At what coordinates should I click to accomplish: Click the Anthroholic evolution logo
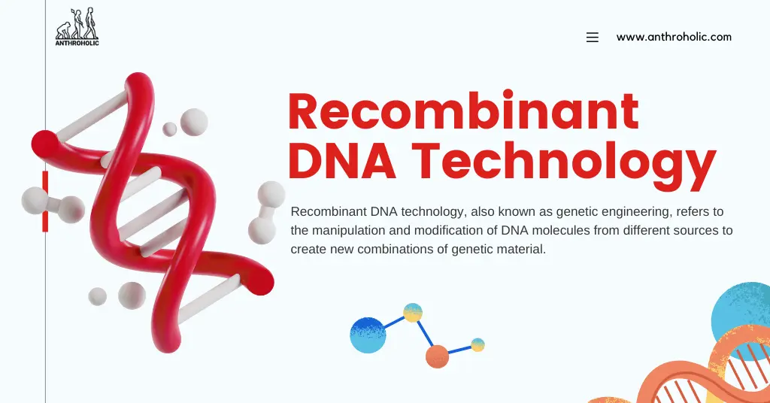tap(77, 26)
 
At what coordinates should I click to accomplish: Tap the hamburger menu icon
tap(593, 38)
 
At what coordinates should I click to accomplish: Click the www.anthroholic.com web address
tap(674, 37)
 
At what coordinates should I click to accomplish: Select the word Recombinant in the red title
tap(463, 113)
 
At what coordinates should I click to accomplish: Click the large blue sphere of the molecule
tap(368, 335)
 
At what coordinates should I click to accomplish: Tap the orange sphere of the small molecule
tap(437, 356)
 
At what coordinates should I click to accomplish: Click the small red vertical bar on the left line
tap(45, 201)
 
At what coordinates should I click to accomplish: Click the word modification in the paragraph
tap(431, 230)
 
